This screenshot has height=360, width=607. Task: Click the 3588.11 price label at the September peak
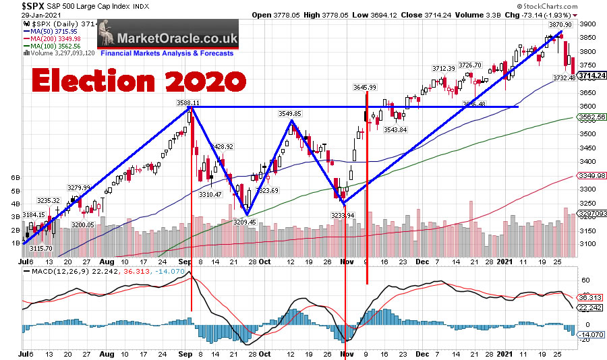point(188,103)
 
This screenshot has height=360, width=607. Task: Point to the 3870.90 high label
point(559,24)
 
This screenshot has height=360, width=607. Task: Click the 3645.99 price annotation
point(364,87)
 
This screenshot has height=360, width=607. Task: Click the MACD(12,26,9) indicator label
point(53,272)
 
